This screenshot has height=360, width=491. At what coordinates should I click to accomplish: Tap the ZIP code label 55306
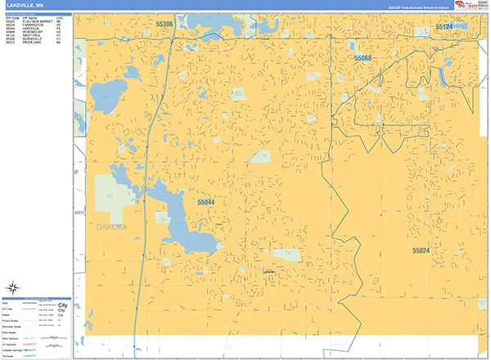point(164,25)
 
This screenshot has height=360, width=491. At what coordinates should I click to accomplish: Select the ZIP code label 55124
point(444,27)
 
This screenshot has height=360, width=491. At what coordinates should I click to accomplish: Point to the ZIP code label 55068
point(363,58)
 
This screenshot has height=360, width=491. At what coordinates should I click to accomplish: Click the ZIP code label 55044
point(206,201)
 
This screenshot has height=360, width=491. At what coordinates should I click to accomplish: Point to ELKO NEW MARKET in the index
point(37,21)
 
